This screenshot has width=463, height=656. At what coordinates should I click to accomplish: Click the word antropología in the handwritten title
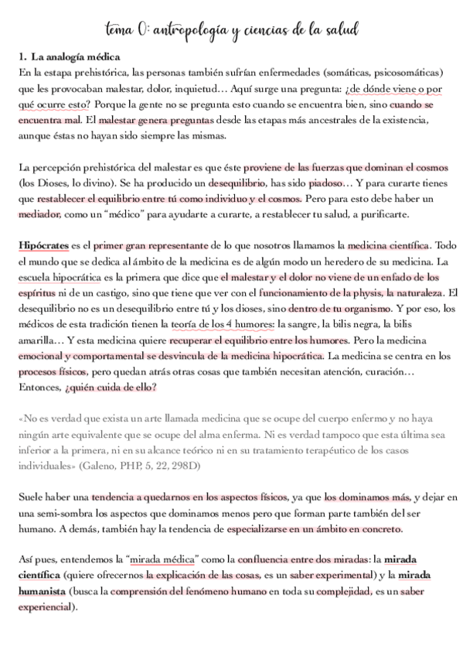[190, 30]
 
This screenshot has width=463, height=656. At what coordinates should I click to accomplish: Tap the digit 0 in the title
[143, 30]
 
